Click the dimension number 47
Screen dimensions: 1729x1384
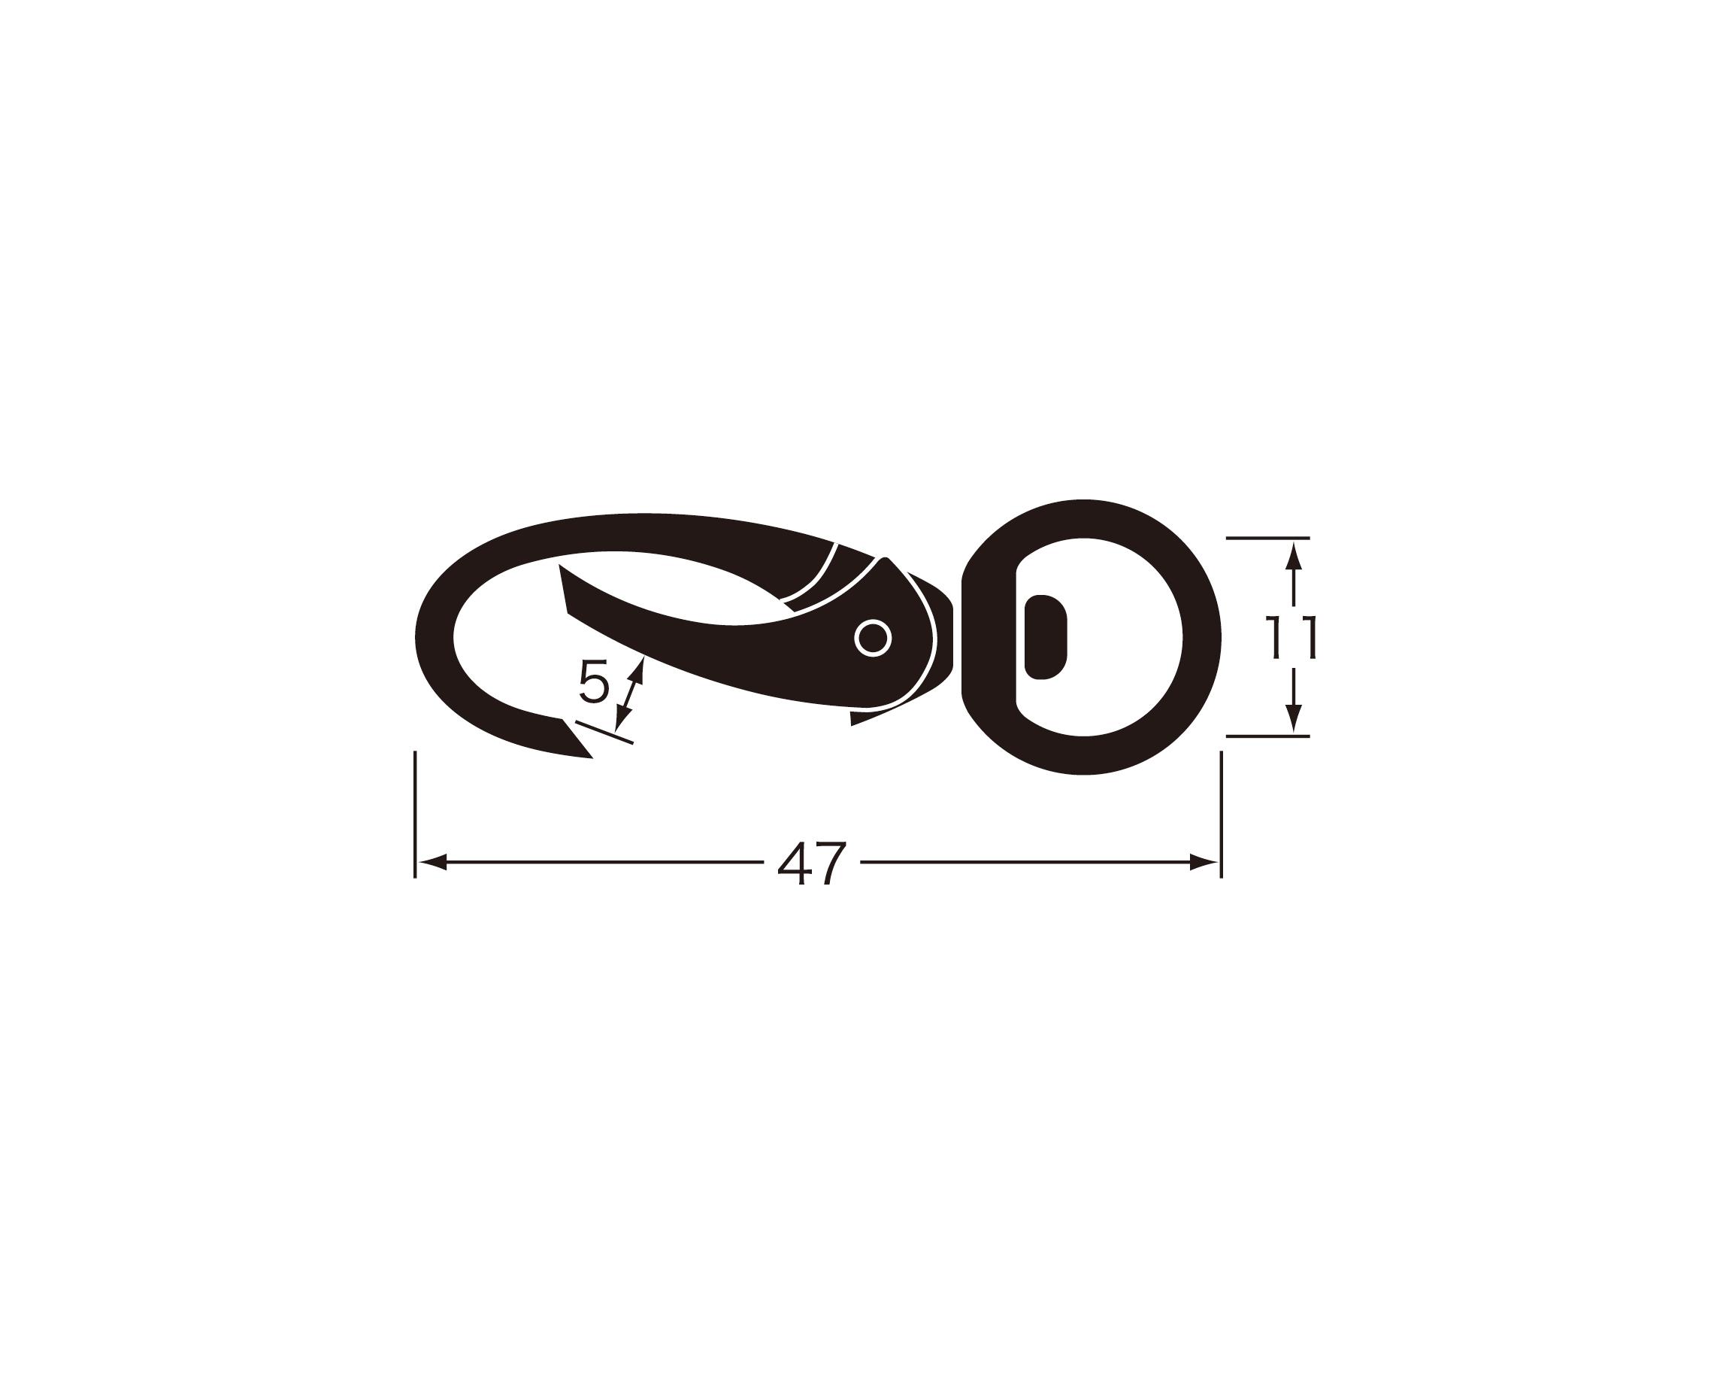point(812,863)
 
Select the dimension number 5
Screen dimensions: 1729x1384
point(594,684)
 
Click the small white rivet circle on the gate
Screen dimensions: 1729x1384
point(874,639)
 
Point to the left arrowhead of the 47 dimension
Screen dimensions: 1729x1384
point(432,863)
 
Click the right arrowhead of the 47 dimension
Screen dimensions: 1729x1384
point(1204,863)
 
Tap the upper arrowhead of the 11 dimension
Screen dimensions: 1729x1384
point(1294,555)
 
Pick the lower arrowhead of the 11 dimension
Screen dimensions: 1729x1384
point(1294,718)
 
